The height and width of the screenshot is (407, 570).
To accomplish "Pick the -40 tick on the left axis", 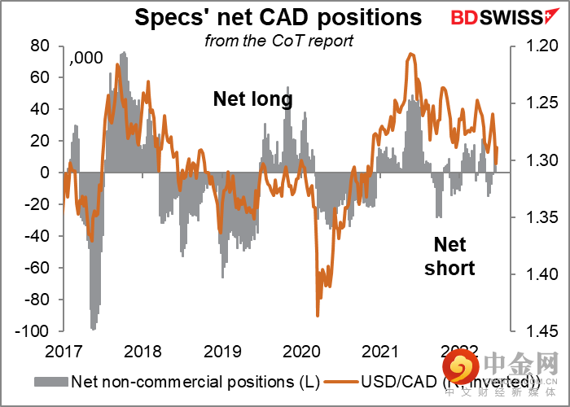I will point(38,236).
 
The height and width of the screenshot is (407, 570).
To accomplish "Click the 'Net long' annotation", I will point(252,99).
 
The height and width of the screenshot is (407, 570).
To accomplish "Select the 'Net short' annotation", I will point(449,256).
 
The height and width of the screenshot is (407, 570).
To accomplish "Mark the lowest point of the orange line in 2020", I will point(317,316).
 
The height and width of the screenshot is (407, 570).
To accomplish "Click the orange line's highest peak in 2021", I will point(411,54).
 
